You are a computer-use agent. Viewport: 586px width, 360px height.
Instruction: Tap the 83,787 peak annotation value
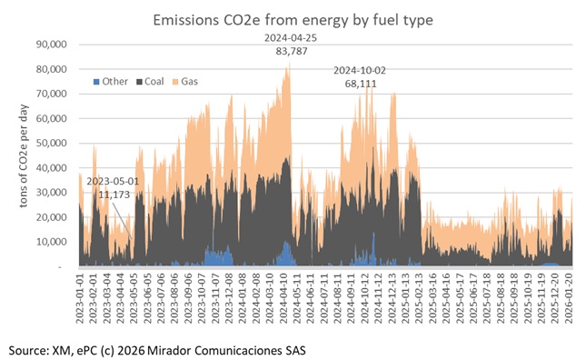289,51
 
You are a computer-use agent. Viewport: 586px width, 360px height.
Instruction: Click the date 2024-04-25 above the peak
289,38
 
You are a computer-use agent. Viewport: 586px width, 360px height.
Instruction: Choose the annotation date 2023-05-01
108,183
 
